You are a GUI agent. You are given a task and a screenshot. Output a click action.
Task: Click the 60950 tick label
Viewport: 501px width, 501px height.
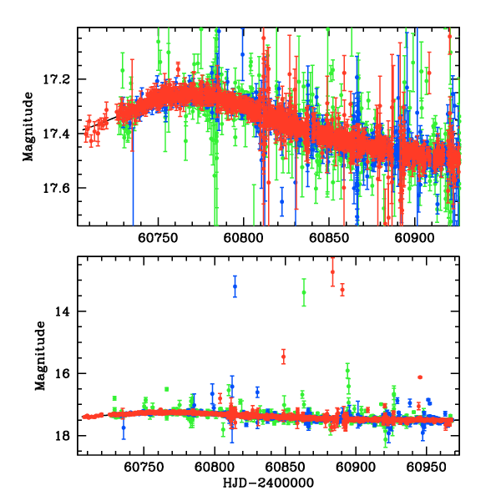pyautogui.click(x=428, y=468)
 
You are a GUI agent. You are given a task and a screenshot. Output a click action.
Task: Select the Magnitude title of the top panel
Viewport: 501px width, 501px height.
pyautogui.click(x=28, y=127)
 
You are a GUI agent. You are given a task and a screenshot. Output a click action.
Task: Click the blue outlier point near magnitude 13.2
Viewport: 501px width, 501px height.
pyautogui.click(x=235, y=286)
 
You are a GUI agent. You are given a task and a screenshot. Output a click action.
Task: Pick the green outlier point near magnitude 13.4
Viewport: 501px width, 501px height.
pyautogui.click(x=304, y=292)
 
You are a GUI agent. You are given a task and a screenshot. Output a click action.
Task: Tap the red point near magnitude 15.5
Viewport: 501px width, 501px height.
pyautogui.click(x=284, y=357)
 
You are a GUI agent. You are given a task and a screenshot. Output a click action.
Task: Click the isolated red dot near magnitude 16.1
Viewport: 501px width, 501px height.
pyautogui.click(x=420, y=377)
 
